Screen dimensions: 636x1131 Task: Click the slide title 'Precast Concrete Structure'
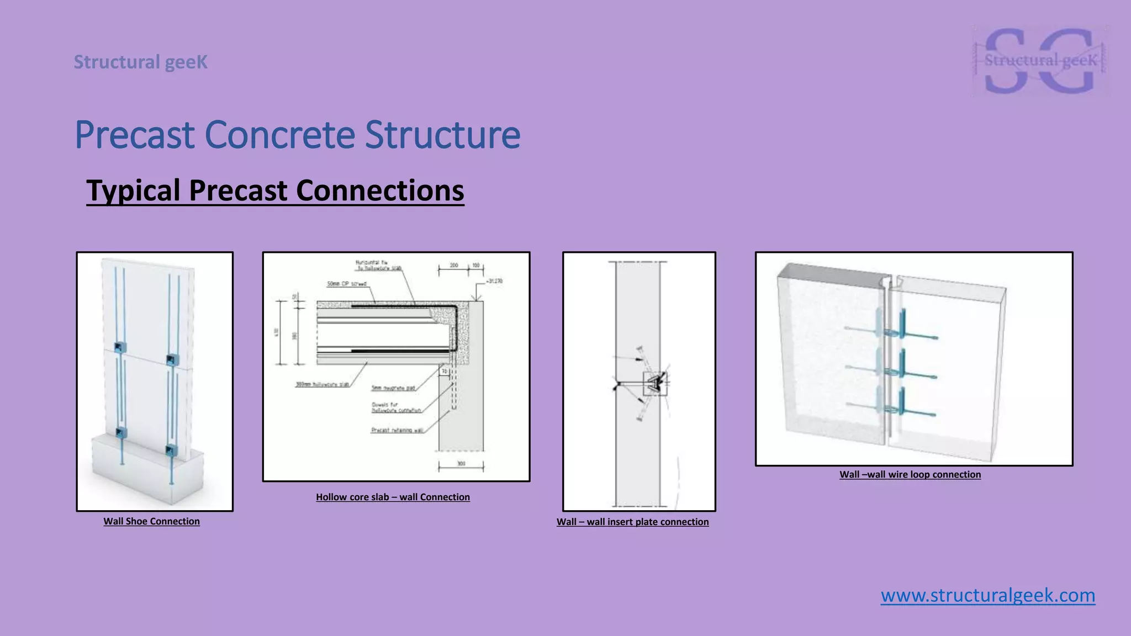pos(297,135)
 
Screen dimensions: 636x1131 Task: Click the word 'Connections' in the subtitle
pos(379,190)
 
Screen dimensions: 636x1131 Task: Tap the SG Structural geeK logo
pos(1040,61)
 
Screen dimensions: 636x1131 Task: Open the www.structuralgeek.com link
pos(987,595)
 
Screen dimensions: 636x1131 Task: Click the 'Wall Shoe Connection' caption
pos(151,521)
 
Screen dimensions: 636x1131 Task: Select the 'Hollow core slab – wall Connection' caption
pos(393,497)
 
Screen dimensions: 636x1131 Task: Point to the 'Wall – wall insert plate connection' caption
pos(632,522)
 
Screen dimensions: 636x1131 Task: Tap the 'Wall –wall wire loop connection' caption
pos(910,474)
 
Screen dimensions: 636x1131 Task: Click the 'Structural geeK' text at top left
pos(141,62)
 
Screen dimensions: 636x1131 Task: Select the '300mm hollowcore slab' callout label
pos(322,384)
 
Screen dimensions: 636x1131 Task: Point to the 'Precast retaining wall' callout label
pos(397,430)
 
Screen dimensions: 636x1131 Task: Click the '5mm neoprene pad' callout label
pos(393,388)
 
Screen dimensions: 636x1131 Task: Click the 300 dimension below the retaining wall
pos(461,464)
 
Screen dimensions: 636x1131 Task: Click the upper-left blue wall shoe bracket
pos(119,347)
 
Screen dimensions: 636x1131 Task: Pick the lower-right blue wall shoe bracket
pos(172,450)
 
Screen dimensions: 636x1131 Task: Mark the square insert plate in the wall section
pos(655,383)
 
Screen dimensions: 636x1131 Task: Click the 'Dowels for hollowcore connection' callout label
pos(396,407)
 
